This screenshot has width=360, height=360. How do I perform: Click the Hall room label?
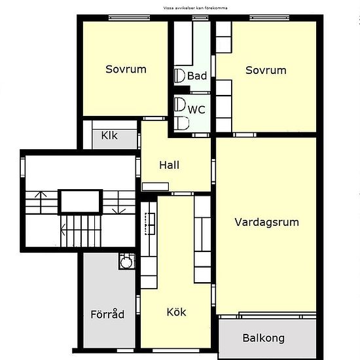click(170, 165)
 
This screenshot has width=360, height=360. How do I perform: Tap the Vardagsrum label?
click(267, 223)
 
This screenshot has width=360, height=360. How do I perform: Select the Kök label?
click(176, 312)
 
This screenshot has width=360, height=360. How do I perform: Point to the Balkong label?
click(264, 338)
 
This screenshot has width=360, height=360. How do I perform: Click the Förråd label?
click(107, 314)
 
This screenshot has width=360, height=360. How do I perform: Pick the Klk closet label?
click(109, 135)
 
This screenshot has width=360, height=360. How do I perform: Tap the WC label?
click(196, 110)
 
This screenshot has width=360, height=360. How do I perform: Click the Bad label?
click(197, 76)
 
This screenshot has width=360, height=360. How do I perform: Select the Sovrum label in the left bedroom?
click(126, 69)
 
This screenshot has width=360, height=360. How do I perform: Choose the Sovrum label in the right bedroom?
click(266, 70)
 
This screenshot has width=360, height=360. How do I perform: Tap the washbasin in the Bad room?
click(179, 75)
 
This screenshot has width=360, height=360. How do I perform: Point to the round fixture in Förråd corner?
click(126, 262)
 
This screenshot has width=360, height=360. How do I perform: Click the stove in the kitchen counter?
click(150, 224)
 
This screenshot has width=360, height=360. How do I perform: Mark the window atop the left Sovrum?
click(129, 18)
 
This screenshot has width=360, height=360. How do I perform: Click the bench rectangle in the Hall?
click(155, 187)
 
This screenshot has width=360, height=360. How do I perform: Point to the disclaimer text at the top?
click(196, 8)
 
